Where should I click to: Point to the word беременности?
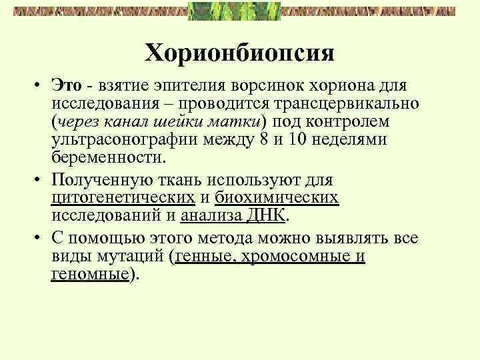tap(107, 159)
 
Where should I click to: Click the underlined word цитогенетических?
tap(123, 198)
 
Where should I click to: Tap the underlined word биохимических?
tap(276, 198)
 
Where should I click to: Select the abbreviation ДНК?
tap(266, 216)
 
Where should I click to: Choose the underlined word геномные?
tap(89, 275)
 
